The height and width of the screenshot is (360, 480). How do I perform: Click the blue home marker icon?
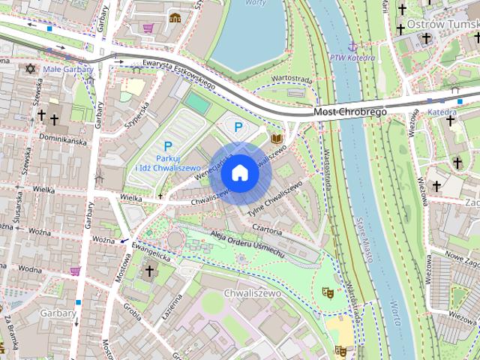tap(239, 173)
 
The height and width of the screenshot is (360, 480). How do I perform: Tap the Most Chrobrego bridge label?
tap(349, 112)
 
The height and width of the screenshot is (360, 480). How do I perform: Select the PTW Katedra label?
tap(352, 57)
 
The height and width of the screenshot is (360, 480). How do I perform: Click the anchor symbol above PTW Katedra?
tap(352, 46)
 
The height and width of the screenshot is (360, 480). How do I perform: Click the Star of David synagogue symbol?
tap(31, 69)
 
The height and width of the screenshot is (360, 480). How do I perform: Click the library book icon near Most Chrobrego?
tap(277, 139)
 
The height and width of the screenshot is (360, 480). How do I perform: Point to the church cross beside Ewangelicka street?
tap(148, 271)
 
